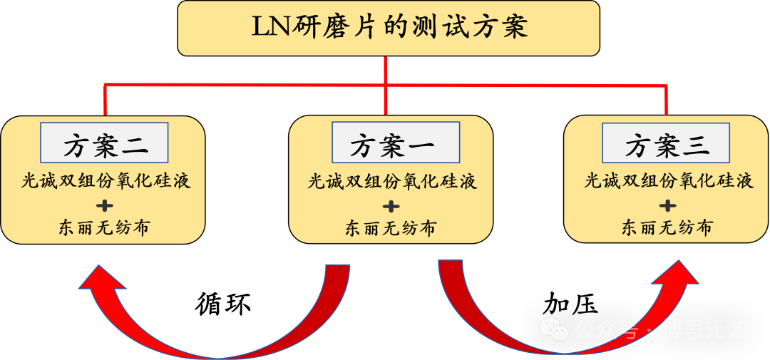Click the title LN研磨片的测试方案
click(390, 28)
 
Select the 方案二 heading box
click(104, 143)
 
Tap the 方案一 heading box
click(396, 143)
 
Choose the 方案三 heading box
click(667, 143)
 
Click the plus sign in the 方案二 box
click(104, 205)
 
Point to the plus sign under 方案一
click(391, 206)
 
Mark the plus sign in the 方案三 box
click(667, 205)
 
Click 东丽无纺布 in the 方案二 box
click(103, 227)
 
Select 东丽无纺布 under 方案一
click(391, 228)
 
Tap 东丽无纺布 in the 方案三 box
click(667, 227)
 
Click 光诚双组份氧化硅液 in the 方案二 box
click(106, 182)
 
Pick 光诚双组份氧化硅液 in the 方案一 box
click(392, 182)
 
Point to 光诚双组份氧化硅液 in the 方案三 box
click(668, 182)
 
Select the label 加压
click(570, 304)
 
